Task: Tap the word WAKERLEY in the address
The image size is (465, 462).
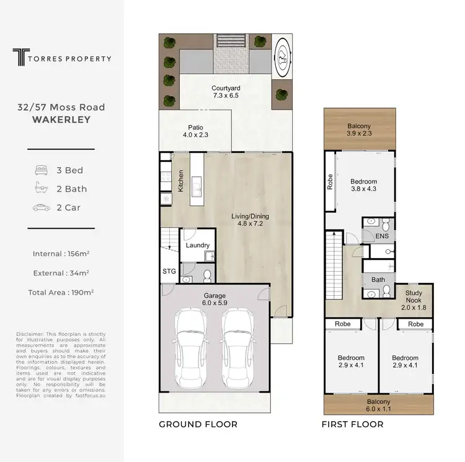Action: [x=61, y=118]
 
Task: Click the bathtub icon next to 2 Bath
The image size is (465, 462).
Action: [x=42, y=189]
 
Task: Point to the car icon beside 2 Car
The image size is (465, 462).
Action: [x=42, y=208]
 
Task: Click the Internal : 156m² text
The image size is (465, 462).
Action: [x=61, y=254]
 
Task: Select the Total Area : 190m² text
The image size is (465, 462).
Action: [x=61, y=292]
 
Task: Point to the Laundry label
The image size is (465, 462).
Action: [x=198, y=246]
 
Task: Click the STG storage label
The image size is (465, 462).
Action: [x=169, y=270]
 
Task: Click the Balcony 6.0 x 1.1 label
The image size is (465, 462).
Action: [x=378, y=406]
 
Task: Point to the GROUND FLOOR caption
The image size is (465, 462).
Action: [x=198, y=425]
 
